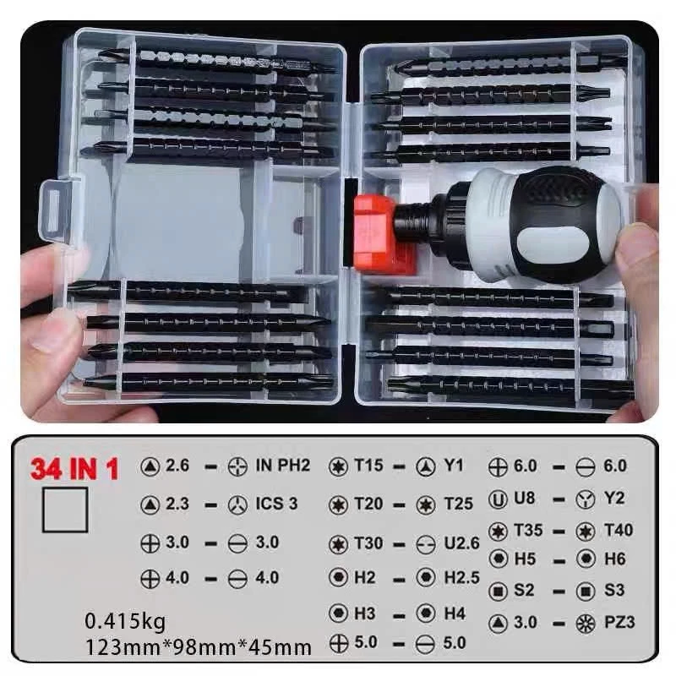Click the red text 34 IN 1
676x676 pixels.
[x=74, y=469]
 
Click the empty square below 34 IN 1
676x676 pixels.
[x=65, y=510]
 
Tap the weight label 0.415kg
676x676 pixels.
[x=125, y=622]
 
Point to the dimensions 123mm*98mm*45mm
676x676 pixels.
[x=199, y=647]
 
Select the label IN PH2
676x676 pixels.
[x=283, y=466]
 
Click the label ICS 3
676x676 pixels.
[x=277, y=504]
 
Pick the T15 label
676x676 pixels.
[x=368, y=466]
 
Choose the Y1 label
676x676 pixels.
[x=454, y=466]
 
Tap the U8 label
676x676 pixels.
[x=524, y=499]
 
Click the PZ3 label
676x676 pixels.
[x=619, y=622]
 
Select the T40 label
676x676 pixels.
[x=619, y=530]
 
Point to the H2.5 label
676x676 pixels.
[x=461, y=578]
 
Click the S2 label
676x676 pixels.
[x=524, y=590]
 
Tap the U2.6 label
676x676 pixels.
[x=461, y=543]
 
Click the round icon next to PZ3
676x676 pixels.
[x=586, y=624]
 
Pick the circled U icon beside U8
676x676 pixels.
[x=498, y=499]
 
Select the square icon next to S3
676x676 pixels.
[x=586, y=591]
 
